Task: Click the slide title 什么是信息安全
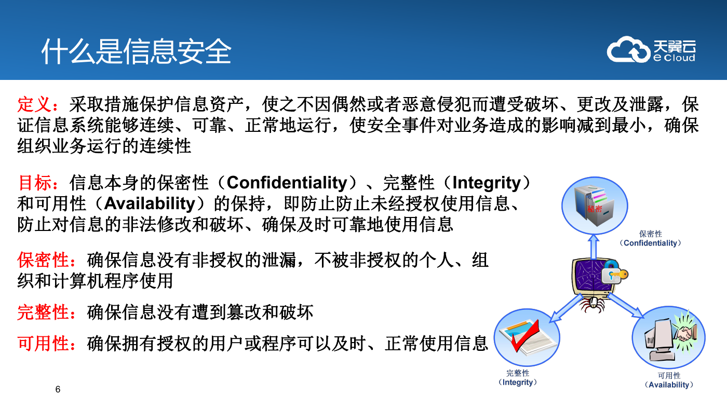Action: (136, 51)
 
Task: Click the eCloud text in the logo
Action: (674, 58)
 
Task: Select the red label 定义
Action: (34, 104)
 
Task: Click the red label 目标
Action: (34, 183)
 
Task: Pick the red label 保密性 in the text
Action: (43, 260)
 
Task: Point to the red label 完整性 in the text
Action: (43, 312)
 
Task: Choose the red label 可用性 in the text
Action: (43, 344)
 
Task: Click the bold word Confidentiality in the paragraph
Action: (287, 183)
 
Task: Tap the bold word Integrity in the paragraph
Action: (487, 183)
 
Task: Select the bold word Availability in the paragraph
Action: (150, 204)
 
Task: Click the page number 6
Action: (58, 389)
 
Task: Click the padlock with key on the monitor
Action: (614, 273)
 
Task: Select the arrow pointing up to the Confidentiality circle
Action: (594, 247)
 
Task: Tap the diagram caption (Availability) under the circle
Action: (669, 385)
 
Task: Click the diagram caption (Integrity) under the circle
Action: (518, 383)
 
